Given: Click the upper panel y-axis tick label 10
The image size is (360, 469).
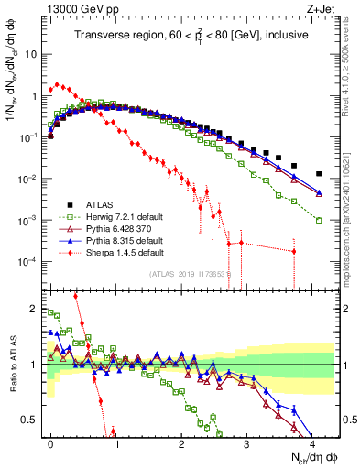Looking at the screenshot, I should pyautogui.click(x=31, y=53).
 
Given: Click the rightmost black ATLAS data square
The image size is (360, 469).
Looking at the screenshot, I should pyautogui.click(x=319, y=173).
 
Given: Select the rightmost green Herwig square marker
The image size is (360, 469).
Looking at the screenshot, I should pyautogui.click(x=319, y=220).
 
